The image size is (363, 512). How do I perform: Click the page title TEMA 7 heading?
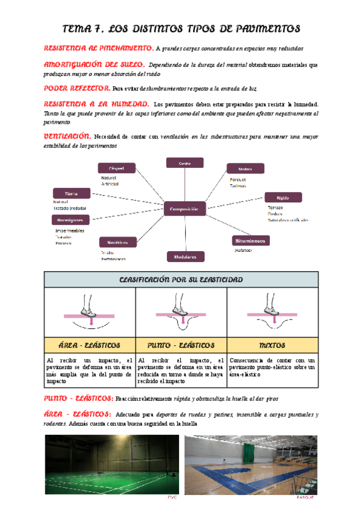coord(181,29)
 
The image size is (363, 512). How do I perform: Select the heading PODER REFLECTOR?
coord(77,88)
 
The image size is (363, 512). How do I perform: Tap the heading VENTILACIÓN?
coord(68,136)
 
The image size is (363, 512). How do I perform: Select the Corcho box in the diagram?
coord(185,162)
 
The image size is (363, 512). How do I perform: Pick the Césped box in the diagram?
coord(116,168)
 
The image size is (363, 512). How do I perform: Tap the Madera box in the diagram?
coord(245,168)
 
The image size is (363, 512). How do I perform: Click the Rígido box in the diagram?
coord(283,197)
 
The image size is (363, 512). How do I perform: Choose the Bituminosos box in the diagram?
coord(251,240)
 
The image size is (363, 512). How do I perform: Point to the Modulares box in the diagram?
coord(185,257)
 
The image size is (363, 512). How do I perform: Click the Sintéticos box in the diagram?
coord(117,242)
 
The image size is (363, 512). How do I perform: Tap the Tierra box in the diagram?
coord(71,193)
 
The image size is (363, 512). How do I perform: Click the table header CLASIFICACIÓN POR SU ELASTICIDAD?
coord(181,280)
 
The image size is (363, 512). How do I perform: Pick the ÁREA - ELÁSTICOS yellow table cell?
coord(90,345)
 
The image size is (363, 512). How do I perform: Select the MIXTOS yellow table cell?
coord(272,345)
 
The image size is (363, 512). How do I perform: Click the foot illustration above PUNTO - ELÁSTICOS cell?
coord(181,313)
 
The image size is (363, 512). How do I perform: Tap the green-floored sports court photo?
coord(111,464)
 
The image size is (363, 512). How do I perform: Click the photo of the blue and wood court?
coord(250,464)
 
